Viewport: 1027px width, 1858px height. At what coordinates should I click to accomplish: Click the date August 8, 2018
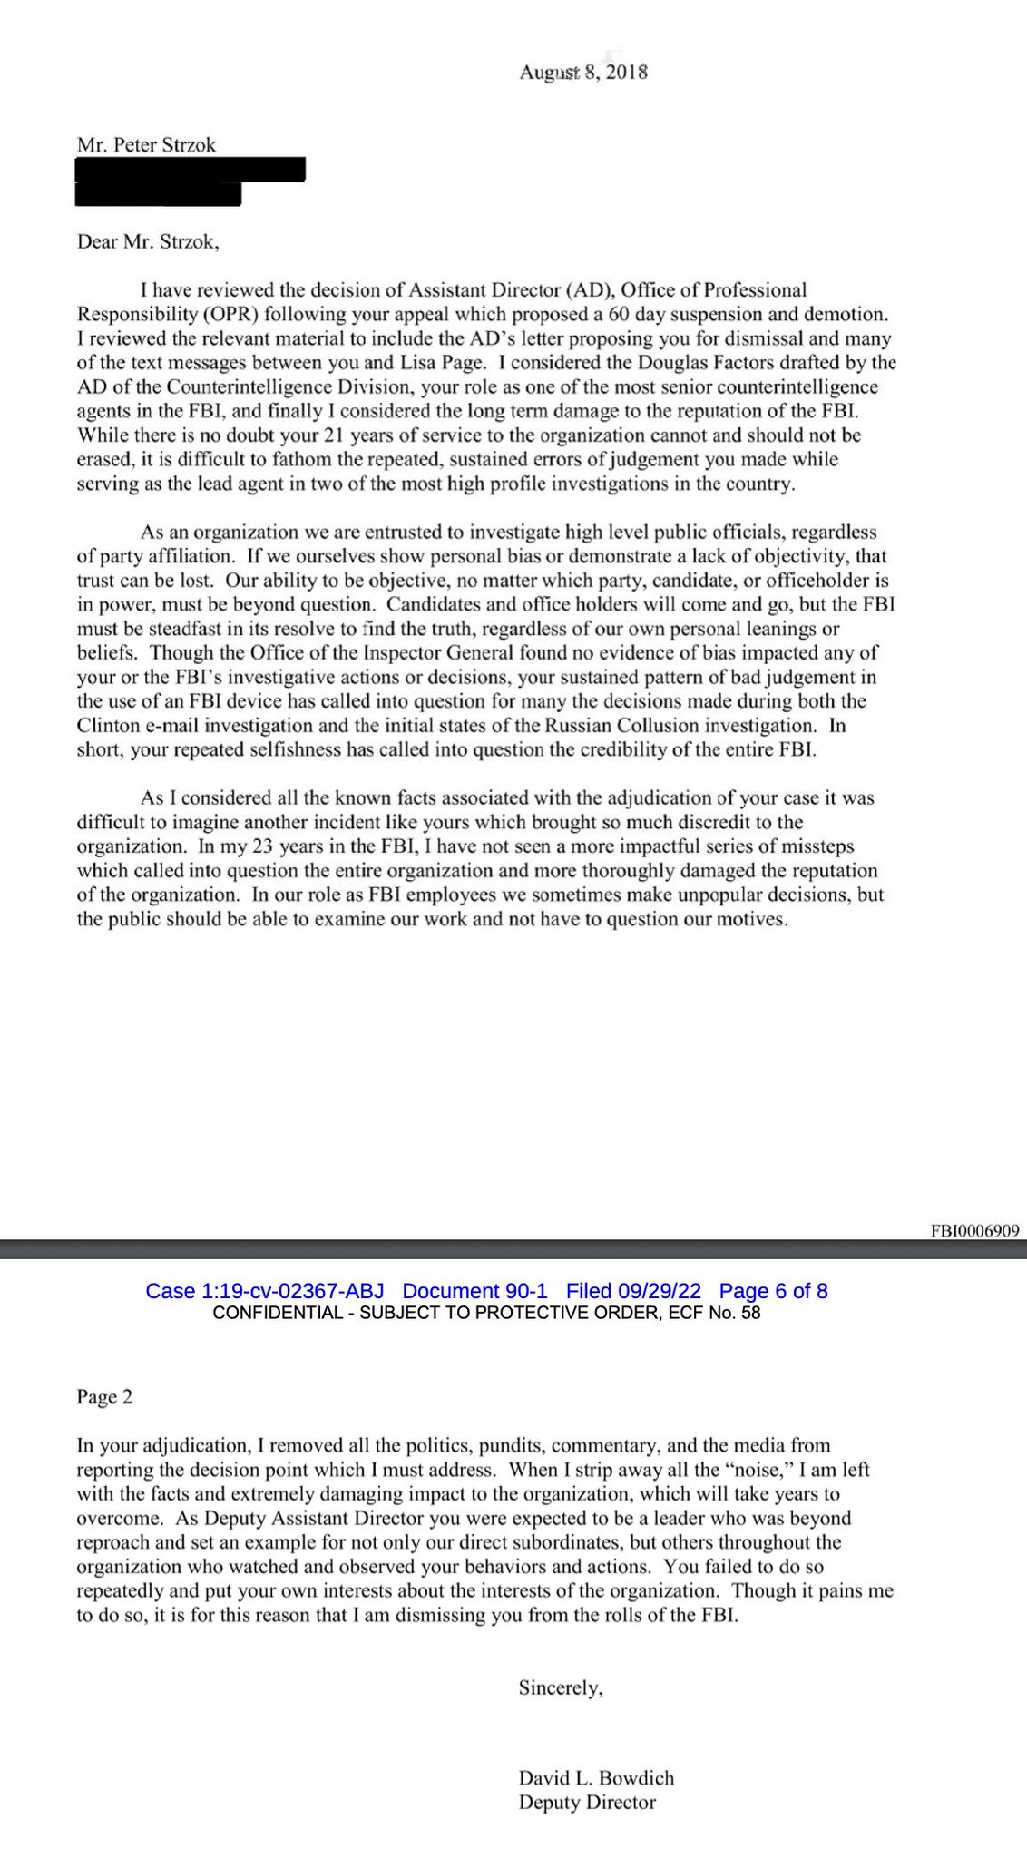point(583,73)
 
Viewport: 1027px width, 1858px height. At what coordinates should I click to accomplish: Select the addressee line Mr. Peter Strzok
point(146,145)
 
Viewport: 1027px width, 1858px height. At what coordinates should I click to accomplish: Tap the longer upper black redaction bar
point(191,169)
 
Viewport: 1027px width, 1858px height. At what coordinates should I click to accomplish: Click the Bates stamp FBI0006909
point(974,1231)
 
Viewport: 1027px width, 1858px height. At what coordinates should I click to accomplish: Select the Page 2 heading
point(104,1397)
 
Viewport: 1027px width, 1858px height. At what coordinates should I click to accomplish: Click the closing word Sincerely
point(560,1688)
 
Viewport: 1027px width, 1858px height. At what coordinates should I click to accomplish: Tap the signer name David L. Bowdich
point(596,1778)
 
